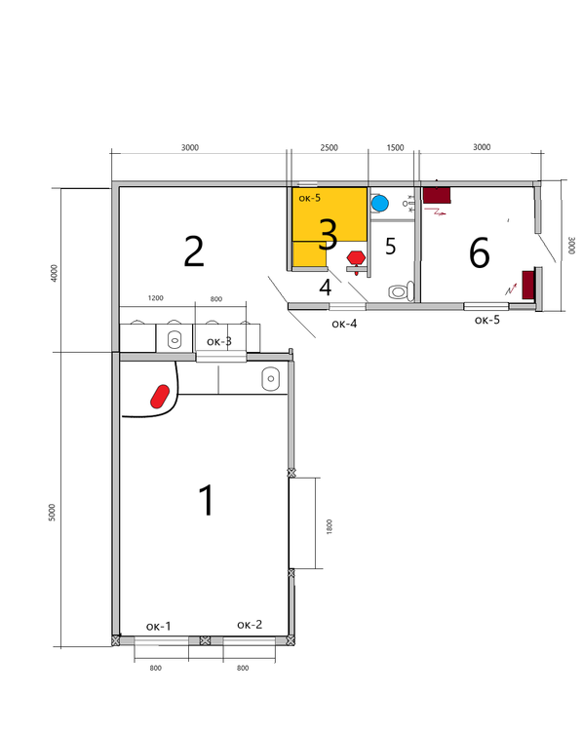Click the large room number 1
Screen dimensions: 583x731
pyautogui.click(x=207, y=500)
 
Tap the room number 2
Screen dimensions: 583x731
pyautogui.click(x=194, y=251)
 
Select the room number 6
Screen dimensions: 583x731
pyautogui.click(x=479, y=253)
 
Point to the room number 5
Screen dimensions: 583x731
pyautogui.click(x=390, y=247)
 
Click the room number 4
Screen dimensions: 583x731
pyautogui.click(x=325, y=288)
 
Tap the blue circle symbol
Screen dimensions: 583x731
pyautogui.click(x=380, y=204)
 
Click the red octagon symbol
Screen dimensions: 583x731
pyautogui.click(x=356, y=258)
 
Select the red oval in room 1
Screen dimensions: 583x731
pyautogui.click(x=160, y=396)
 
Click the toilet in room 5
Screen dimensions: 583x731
pyautogui.click(x=401, y=291)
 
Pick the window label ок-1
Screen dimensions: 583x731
pyautogui.click(x=159, y=626)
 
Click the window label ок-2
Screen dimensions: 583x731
pyautogui.click(x=250, y=625)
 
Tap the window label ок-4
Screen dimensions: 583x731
pyautogui.click(x=344, y=324)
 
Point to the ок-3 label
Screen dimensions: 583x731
pyautogui.click(x=219, y=341)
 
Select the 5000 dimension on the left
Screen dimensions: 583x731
pyautogui.click(x=53, y=513)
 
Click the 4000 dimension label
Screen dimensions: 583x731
pyautogui.click(x=54, y=273)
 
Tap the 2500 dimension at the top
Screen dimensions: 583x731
pyautogui.click(x=329, y=148)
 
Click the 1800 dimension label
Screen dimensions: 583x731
pyautogui.click(x=330, y=526)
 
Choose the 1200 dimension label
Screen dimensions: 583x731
pyautogui.click(x=156, y=298)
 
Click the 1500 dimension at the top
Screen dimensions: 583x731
pyautogui.click(x=395, y=148)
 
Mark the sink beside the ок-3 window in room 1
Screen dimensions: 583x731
pyautogui.click(x=270, y=379)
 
